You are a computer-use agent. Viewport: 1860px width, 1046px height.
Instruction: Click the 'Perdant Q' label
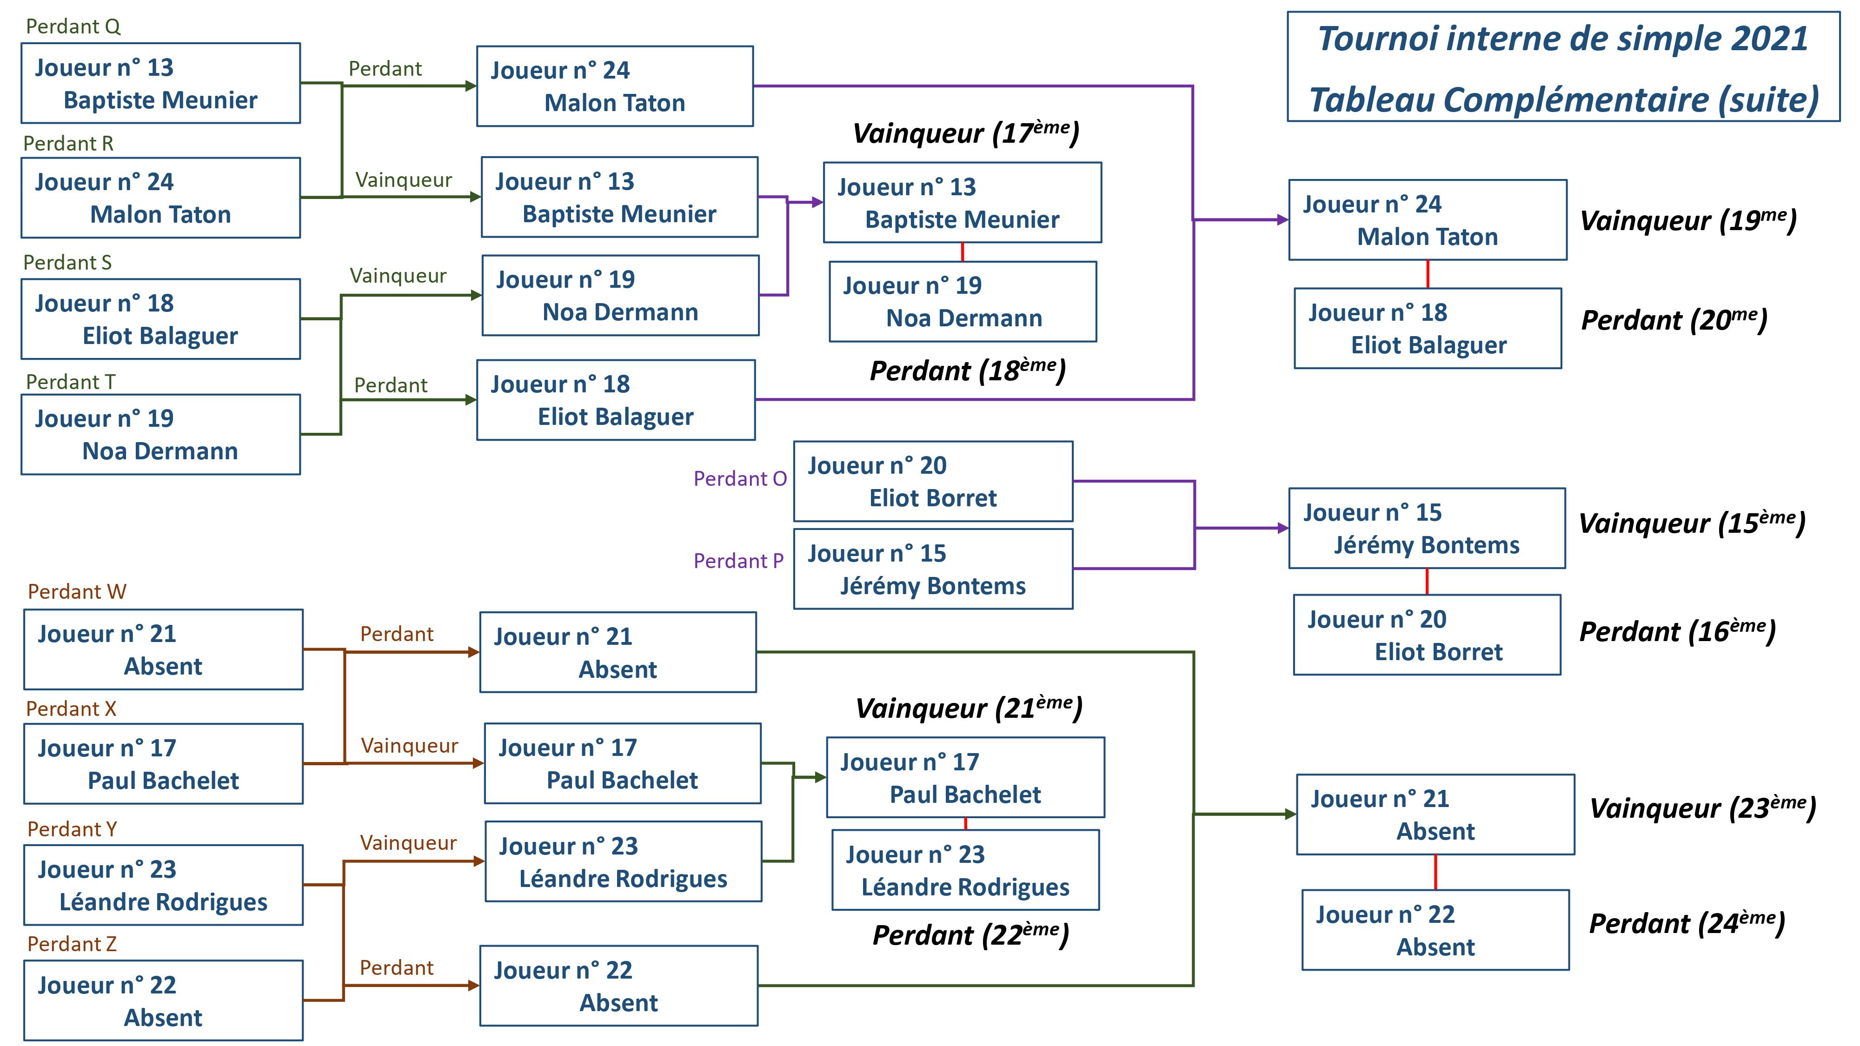73,26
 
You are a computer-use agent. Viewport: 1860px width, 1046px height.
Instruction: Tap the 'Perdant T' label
71,382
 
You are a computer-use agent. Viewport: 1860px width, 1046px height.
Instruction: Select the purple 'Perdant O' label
739,479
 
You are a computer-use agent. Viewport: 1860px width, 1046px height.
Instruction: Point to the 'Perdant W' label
77,592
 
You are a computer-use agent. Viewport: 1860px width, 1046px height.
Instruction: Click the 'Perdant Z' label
72,944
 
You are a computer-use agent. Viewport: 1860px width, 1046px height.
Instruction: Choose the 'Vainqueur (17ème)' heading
965,133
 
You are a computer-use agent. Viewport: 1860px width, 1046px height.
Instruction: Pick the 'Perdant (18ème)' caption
968,371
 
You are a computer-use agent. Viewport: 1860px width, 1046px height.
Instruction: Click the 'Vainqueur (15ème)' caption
1691,523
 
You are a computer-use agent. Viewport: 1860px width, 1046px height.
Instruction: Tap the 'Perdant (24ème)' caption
1687,923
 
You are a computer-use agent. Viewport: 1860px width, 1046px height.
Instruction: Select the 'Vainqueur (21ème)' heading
968,708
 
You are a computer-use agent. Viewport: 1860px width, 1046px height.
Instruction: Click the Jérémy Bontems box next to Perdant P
933,569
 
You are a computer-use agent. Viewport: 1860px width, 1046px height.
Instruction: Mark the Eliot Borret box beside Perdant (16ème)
1427,635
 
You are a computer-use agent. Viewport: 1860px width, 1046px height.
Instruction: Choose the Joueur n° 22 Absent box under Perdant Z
163,1000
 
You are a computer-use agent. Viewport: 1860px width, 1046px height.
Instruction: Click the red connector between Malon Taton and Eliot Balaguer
1428,274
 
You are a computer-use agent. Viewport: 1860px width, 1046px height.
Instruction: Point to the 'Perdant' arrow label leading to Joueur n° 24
385,69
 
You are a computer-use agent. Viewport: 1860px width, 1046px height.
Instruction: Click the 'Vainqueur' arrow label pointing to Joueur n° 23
408,843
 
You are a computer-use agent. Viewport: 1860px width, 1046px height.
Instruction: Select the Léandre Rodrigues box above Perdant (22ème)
965,871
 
